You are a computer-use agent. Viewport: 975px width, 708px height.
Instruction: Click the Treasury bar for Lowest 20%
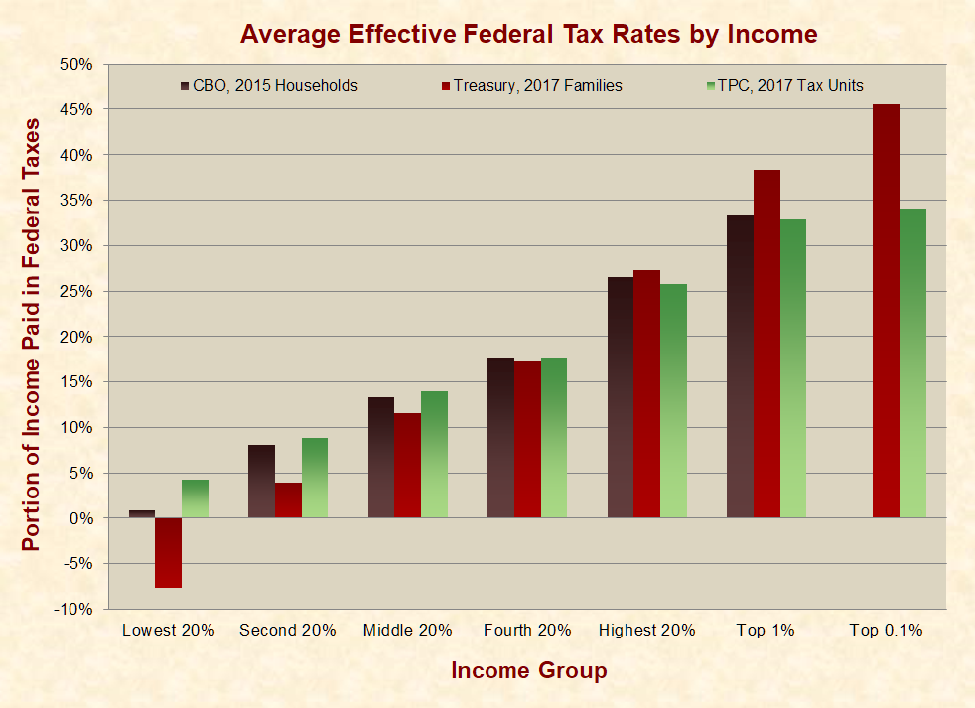[168, 552]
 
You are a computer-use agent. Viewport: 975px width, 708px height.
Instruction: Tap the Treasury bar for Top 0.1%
[886, 311]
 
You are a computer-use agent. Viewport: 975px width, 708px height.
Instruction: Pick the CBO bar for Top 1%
[740, 366]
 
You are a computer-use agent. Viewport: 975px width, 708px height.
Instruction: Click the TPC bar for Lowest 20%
[195, 498]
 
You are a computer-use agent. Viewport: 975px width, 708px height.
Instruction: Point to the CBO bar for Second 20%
[261, 482]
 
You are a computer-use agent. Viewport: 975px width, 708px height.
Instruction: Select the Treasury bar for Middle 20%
[407, 465]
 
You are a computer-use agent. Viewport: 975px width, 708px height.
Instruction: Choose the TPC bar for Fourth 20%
[553, 438]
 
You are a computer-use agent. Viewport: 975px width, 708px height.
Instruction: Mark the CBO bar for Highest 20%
[620, 397]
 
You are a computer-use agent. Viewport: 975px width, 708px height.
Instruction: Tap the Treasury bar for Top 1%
[766, 344]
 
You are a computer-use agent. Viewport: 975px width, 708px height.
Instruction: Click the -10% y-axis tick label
[74, 609]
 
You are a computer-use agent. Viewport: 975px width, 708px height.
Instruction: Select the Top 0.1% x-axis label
[887, 630]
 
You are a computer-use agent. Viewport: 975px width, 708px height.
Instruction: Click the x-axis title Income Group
[528, 671]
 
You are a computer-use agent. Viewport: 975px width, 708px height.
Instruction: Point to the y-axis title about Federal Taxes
[32, 335]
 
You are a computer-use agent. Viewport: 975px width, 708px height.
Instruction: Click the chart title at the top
[528, 35]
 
